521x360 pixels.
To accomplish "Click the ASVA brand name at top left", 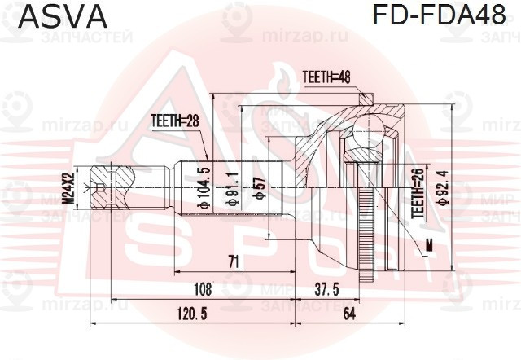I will click(x=63, y=16).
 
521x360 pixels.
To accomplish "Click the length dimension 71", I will click(x=233, y=262).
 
